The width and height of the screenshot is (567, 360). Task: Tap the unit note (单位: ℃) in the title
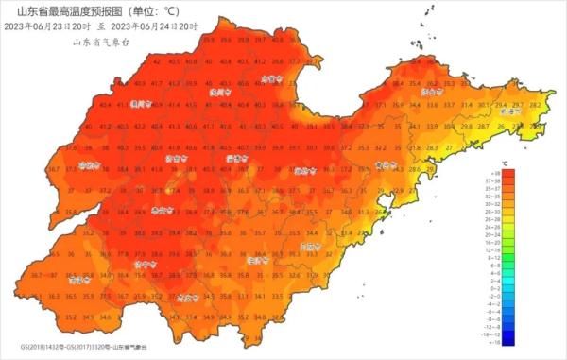point(154,11)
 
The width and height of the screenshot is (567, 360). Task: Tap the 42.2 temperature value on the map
point(139,126)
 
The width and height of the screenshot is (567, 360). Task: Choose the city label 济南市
point(172,159)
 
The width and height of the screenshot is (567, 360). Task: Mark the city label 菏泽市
point(77,280)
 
